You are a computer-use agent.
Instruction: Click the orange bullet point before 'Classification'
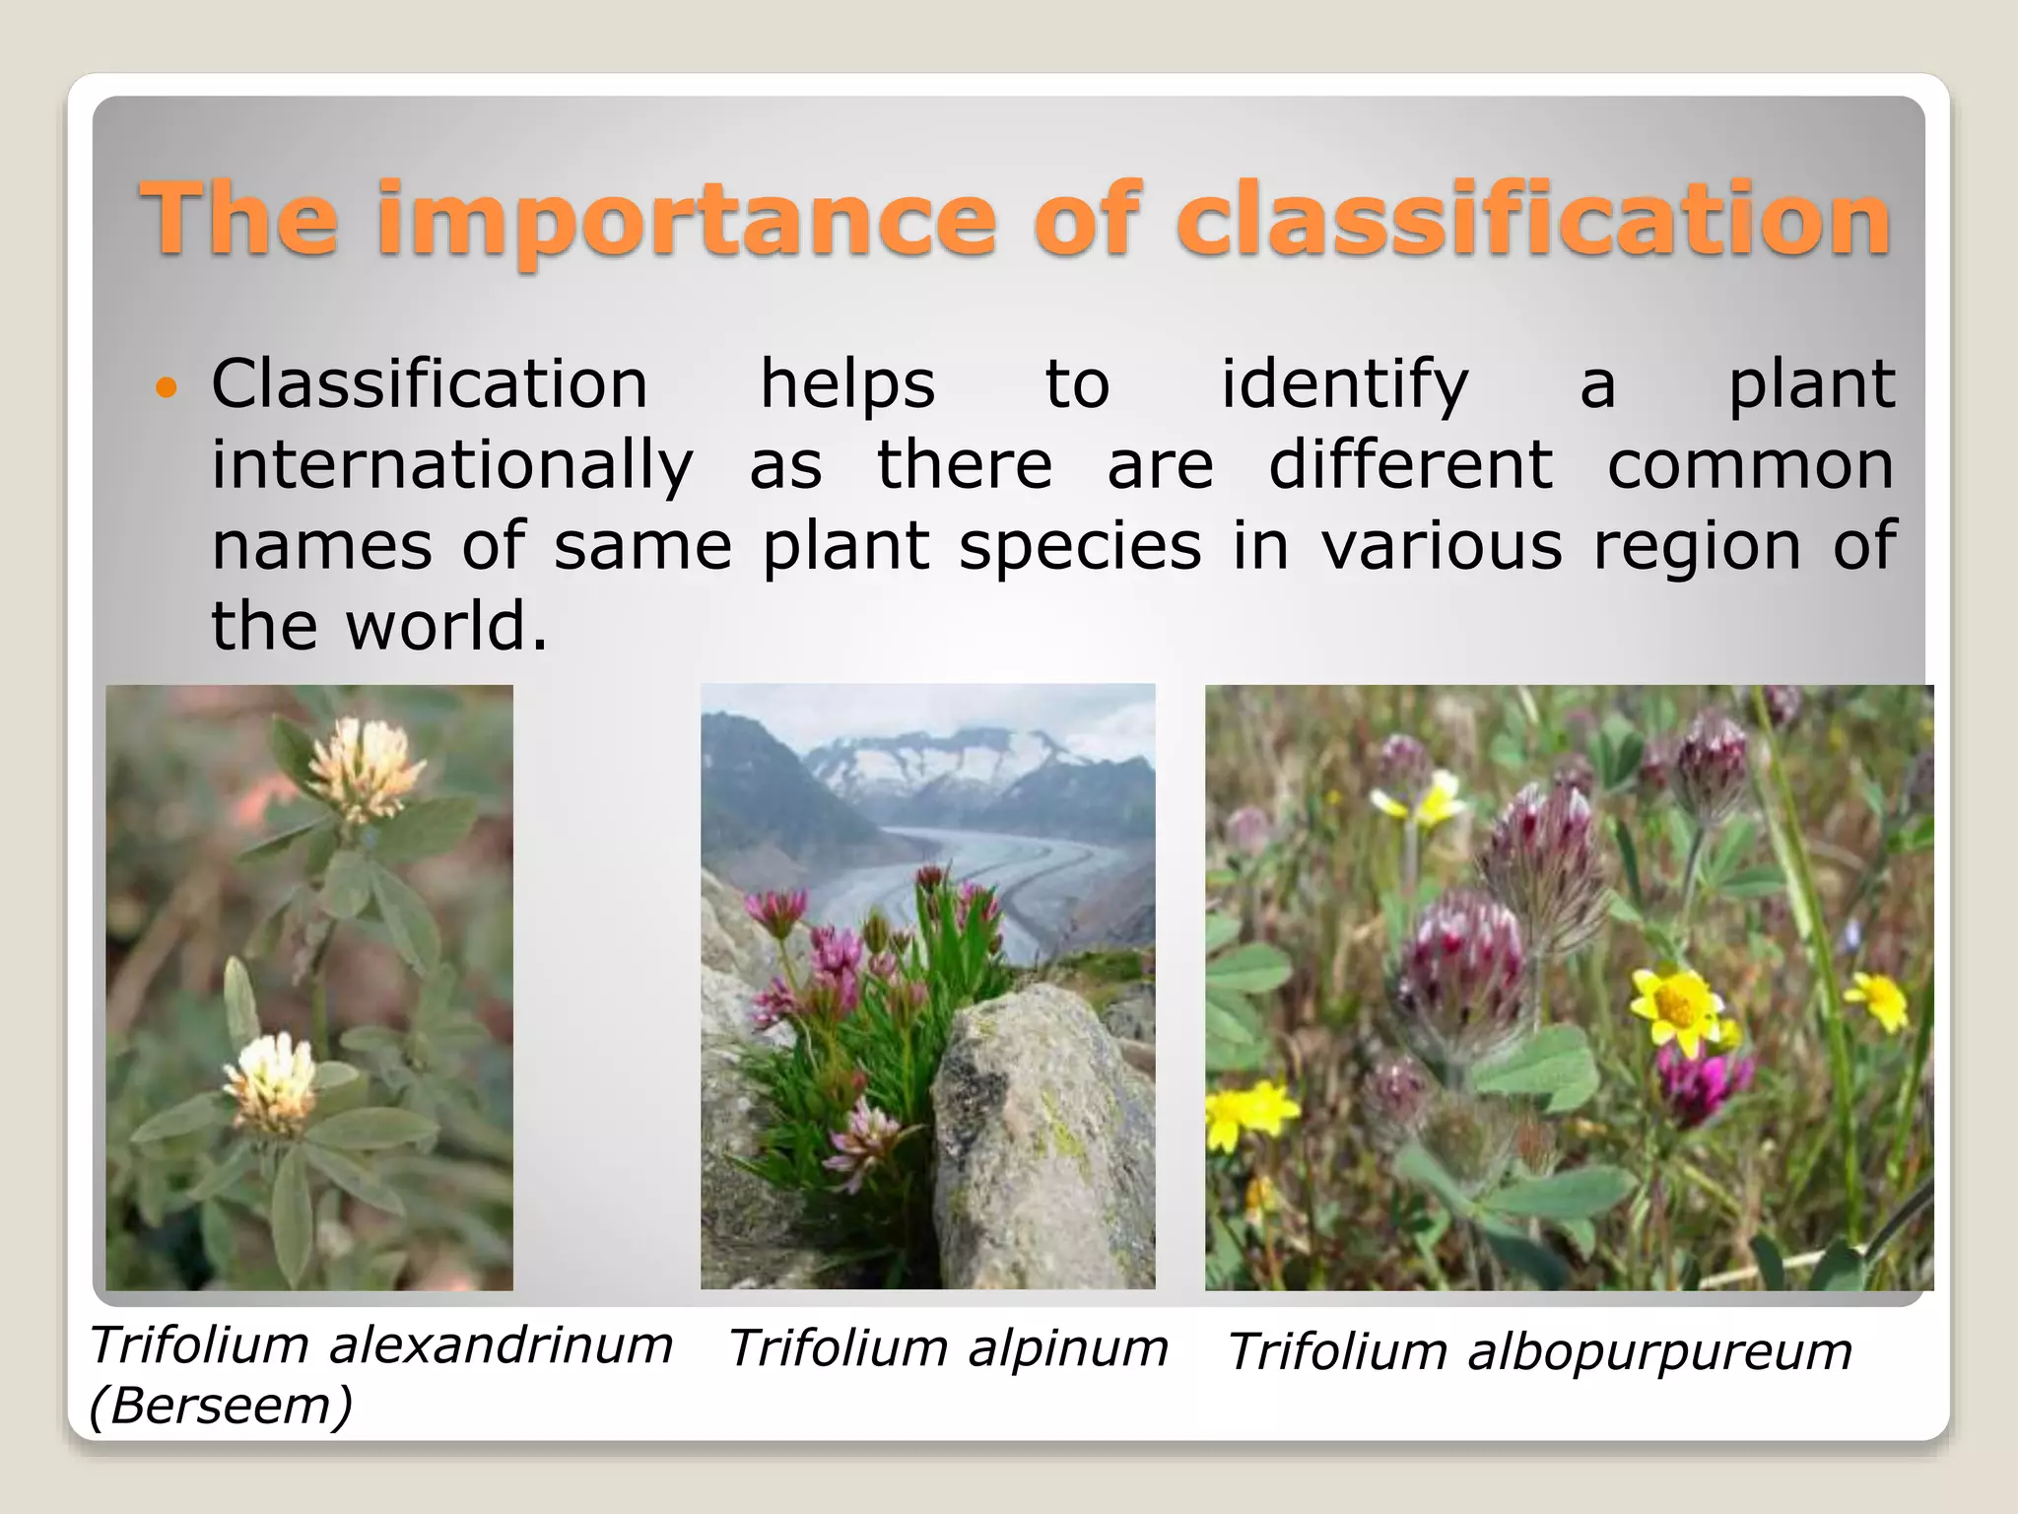coord(167,387)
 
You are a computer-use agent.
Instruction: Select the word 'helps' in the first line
coord(847,385)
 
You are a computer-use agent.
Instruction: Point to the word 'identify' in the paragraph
coord(1345,385)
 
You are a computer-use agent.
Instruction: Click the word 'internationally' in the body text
coord(452,466)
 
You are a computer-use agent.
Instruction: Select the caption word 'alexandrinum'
coord(501,1345)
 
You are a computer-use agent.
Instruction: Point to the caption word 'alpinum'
coord(1068,1348)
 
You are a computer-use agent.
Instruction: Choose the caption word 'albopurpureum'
coord(1659,1351)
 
